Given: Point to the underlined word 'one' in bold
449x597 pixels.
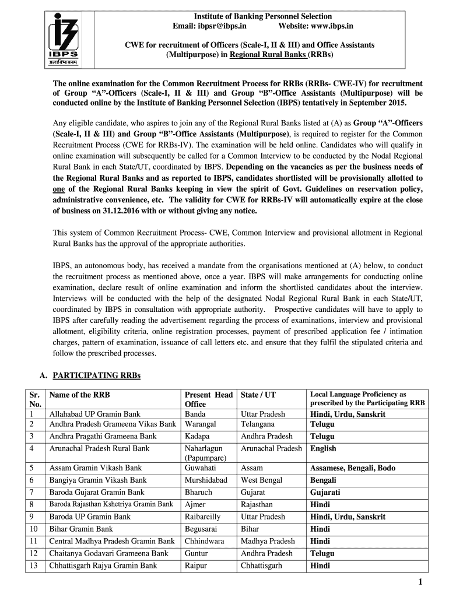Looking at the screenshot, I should pyautogui.click(x=58, y=189).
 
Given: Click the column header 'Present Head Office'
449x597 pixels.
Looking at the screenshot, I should pyautogui.click(x=208, y=399).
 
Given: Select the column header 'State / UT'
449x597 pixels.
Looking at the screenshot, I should pyautogui.click(x=258, y=395).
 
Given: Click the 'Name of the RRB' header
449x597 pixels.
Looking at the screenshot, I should pyautogui.click(x=79, y=395).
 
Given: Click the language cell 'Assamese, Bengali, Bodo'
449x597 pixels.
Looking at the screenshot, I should pyautogui.click(x=353, y=468).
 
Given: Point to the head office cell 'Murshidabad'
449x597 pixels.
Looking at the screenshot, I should pyautogui.click(x=206, y=480).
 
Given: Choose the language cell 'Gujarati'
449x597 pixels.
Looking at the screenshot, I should pyautogui.click(x=325, y=492).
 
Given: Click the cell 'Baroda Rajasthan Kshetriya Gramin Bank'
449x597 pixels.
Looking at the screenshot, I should pyautogui.click(x=111, y=504).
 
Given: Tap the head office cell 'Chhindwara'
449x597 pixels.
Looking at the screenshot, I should pyautogui.click(x=204, y=541).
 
